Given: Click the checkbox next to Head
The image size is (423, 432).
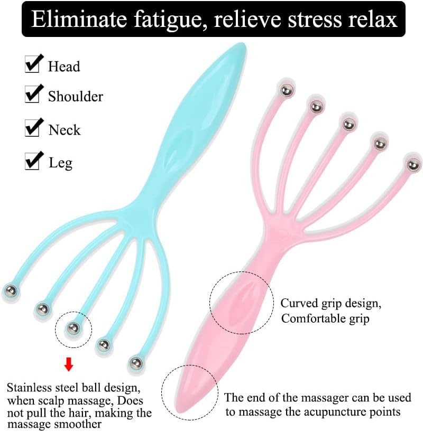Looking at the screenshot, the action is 32,64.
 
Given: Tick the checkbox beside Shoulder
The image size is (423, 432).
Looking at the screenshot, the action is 32,94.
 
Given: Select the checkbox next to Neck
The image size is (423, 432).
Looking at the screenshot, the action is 32,128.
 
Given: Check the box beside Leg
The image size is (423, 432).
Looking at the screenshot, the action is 32,161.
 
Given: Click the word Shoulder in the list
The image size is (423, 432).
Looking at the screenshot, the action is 76,97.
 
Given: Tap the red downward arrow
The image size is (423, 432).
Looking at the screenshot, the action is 68,364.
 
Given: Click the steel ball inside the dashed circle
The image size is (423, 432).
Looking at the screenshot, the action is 73,328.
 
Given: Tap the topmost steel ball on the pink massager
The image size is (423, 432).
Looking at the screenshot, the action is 286,90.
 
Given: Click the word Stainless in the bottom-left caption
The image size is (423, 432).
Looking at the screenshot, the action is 30,387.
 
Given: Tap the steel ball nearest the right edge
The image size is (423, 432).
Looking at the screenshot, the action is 413,165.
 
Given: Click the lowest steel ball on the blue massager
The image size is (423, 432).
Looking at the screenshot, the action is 135,363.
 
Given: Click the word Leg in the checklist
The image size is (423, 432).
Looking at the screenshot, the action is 60,163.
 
